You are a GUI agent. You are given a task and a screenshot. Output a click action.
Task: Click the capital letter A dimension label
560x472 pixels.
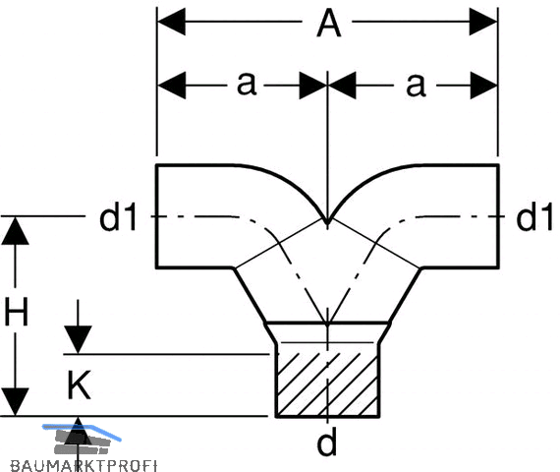click(x=329, y=24)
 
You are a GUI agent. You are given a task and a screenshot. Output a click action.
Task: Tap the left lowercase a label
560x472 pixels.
click(x=247, y=84)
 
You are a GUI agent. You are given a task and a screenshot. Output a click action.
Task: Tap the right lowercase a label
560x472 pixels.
click(x=416, y=86)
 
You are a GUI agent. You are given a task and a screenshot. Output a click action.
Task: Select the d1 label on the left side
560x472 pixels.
click(x=118, y=217)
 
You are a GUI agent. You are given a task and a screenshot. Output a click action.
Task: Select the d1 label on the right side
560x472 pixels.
click(x=534, y=217)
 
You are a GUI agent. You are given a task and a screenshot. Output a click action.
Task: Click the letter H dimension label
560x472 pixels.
click(x=16, y=312)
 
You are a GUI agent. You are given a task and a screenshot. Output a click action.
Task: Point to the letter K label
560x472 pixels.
click(x=79, y=384)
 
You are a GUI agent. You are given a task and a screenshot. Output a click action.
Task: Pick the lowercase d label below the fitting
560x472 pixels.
click(x=327, y=442)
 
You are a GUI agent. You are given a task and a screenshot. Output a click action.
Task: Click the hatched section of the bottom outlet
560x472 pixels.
click(x=327, y=384)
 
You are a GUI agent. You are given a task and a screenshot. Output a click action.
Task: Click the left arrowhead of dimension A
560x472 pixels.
click(x=171, y=22)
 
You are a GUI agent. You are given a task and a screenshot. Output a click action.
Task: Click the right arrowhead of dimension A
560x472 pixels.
click(x=483, y=22)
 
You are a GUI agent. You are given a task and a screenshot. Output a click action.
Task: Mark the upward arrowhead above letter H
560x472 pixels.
click(x=15, y=231)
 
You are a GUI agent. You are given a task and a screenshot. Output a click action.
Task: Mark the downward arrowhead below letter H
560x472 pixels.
click(x=15, y=402)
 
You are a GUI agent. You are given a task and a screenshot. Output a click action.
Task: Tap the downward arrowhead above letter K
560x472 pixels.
click(x=79, y=339)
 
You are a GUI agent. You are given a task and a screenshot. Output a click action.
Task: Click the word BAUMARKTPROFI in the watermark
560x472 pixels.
click(x=84, y=466)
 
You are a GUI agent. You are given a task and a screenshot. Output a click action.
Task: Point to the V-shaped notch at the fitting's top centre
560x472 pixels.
click(x=327, y=222)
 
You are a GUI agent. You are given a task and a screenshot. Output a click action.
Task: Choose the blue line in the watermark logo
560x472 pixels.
click(x=82, y=432)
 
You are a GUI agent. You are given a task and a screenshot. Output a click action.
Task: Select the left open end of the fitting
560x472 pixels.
click(x=156, y=216)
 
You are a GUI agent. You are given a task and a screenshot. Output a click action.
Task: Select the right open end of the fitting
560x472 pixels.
click(x=498, y=216)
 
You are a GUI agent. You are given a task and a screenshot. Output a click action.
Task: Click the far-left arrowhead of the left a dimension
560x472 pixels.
click(x=171, y=86)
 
